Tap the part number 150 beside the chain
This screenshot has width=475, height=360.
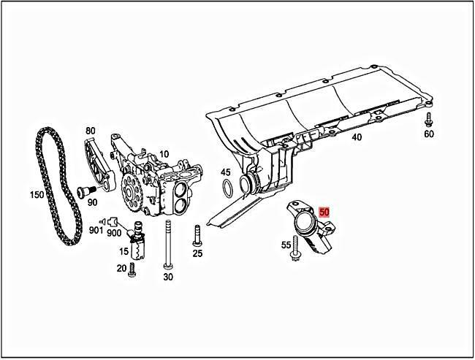click(36, 195)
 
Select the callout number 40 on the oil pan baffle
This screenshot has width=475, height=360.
click(357, 137)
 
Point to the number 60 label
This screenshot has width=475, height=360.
click(429, 134)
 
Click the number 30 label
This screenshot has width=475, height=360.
click(168, 277)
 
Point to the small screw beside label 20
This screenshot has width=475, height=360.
click(132, 269)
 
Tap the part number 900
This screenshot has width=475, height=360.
click(113, 232)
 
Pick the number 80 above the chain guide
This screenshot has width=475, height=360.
click(90, 131)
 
